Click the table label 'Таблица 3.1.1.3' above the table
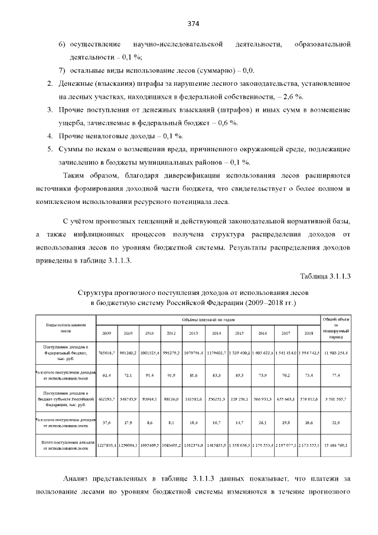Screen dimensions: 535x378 [325, 276]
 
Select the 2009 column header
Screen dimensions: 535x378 [106, 333]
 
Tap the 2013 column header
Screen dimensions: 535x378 [193, 333]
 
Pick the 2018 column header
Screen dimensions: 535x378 [308, 333]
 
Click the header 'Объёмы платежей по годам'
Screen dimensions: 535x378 [208, 320]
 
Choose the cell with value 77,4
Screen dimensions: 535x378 [335, 375]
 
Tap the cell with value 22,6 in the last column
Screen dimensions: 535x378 [335, 422]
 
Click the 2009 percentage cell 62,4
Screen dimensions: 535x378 [106, 375]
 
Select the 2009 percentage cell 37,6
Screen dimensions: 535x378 [106, 422]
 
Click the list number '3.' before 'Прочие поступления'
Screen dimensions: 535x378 [50, 110]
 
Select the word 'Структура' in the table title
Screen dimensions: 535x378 [98, 292]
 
